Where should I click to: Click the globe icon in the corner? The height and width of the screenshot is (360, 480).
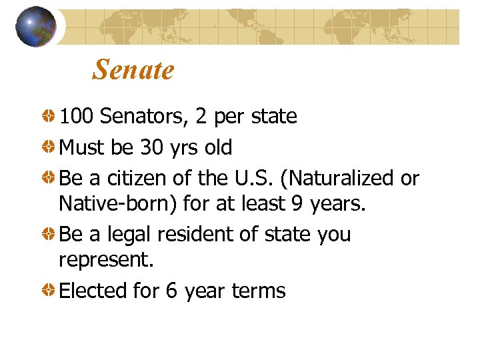tap(35, 27)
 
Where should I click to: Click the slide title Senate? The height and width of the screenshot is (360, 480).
tap(133, 69)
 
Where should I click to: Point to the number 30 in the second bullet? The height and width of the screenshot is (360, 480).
tap(152, 147)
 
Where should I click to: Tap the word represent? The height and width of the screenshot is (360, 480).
tap(106, 260)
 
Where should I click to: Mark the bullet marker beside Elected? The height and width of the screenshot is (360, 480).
tap(49, 291)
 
